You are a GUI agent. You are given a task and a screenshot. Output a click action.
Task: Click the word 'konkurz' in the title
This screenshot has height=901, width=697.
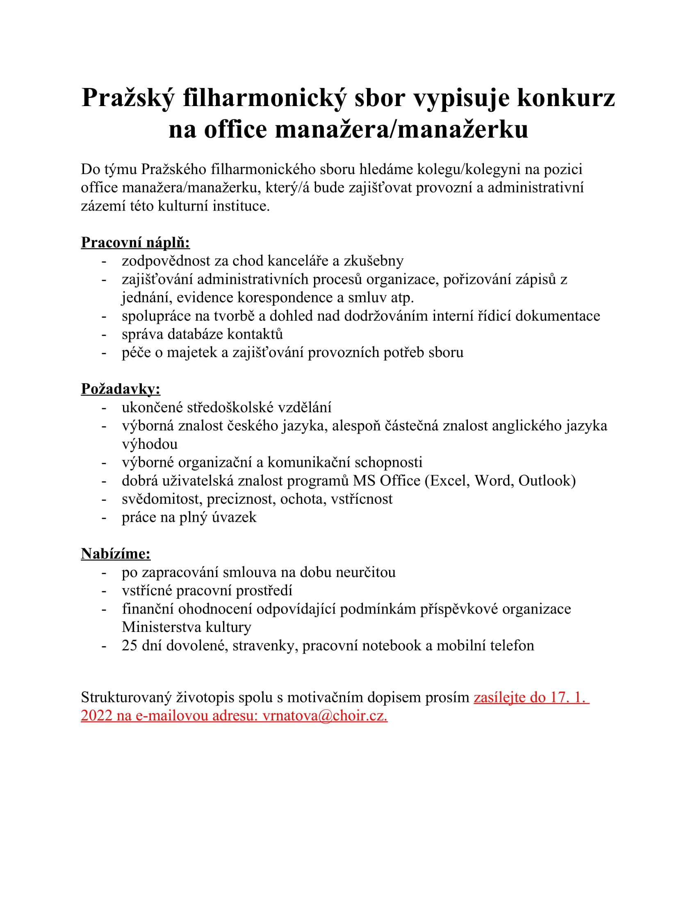coord(566,98)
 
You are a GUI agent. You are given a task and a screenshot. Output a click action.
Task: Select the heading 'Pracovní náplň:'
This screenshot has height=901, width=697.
coord(135,242)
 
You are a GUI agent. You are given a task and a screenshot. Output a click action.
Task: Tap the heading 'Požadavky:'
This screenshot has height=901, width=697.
coord(120,389)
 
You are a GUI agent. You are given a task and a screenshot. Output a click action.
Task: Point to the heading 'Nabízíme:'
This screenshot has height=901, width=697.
coord(116,554)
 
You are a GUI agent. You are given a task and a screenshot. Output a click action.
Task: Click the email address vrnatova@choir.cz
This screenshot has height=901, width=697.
coord(325,715)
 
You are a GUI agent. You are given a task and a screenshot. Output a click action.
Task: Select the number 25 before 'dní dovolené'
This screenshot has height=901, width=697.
coord(129,645)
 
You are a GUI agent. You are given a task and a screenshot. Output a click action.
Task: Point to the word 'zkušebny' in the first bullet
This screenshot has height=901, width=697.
coord(373,261)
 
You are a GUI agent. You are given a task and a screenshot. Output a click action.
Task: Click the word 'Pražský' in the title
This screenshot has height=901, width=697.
coord(128,98)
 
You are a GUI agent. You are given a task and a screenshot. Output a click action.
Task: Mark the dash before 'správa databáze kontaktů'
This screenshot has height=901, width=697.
coord(104,335)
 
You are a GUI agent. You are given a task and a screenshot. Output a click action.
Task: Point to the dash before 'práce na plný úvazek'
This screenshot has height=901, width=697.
coord(104,517)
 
